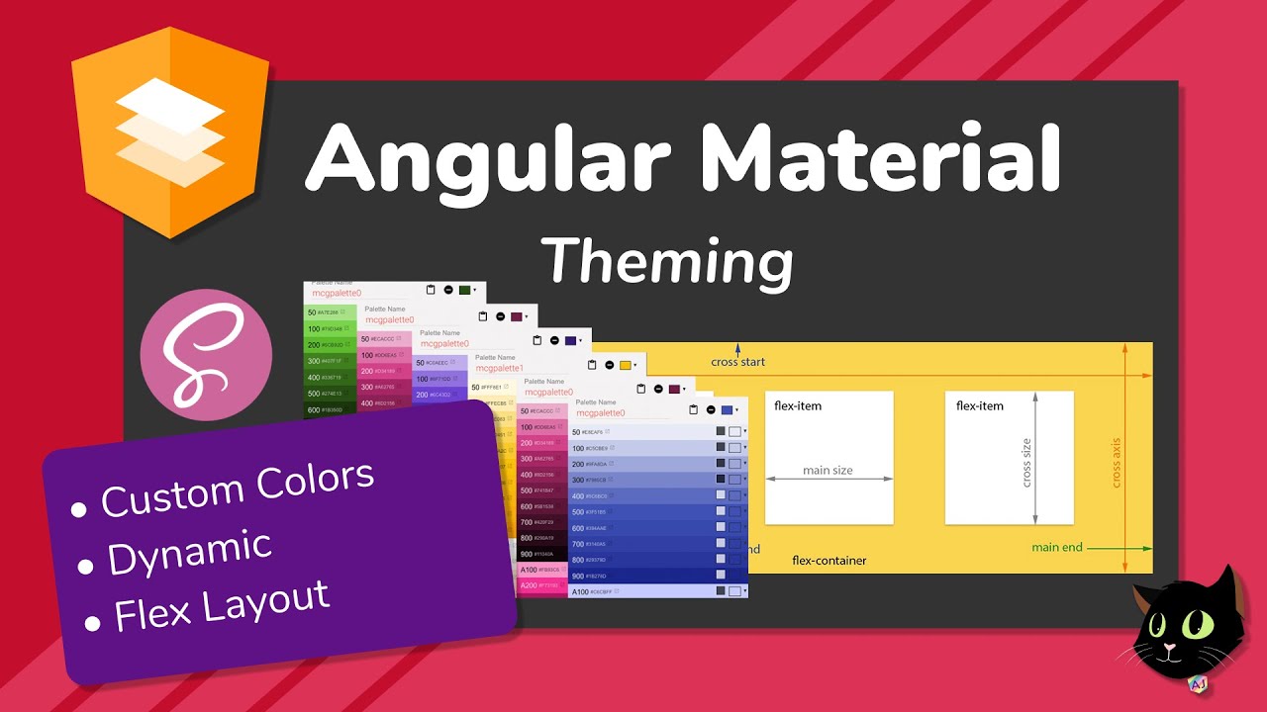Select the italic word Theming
click(x=668, y=261)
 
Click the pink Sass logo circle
click(x=206, y=355)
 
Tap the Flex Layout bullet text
click(x=222, y=604)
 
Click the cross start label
click(x=738, y=362)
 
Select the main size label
click(x=828, y=471)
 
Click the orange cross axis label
click(x=1116, y=461)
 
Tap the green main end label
click(x=1057, y=547)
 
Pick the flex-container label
click(x=829, y=561)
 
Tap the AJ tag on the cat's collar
click(x=1197, y=683)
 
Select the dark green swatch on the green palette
click(x=464, y=290)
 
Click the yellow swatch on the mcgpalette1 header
click(x=625, y=365)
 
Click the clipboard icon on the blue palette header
click(x=694, y=409)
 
